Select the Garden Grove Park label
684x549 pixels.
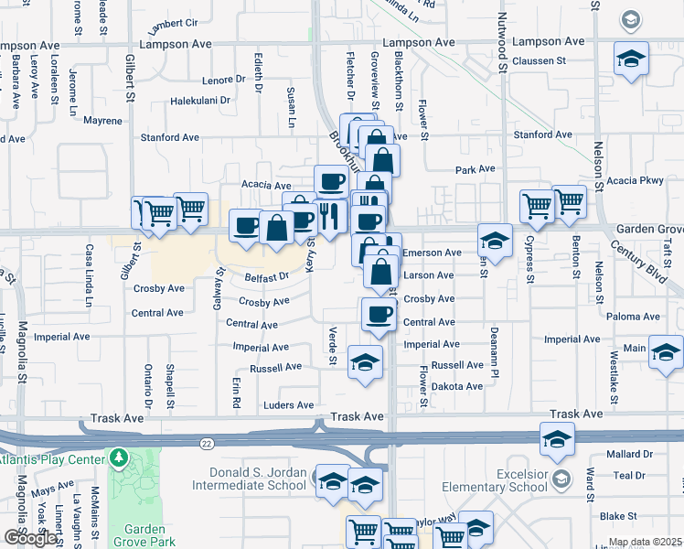(x=144, y=536)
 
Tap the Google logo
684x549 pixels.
(x=29, y=538)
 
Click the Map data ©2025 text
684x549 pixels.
(x=645, y=542)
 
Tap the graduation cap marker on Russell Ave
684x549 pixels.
(x=365, y=362)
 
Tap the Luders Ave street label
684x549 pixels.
(x=288, y=405)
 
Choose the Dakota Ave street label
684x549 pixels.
(x=456, y=386)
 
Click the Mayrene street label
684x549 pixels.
(x=102, y=121)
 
